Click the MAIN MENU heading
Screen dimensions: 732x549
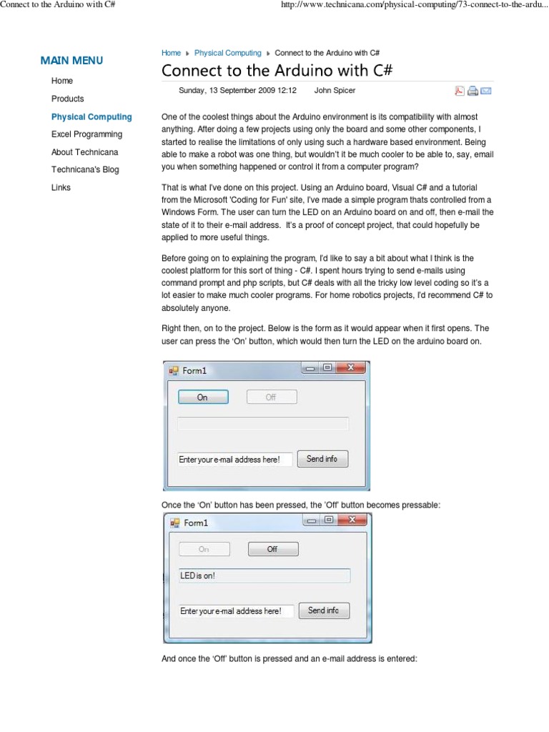point(71,61)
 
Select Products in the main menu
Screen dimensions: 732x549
point(67,99)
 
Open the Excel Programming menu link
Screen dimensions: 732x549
point(86,134)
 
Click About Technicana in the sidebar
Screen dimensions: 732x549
point(84,152)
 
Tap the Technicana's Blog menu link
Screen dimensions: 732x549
point(85,170)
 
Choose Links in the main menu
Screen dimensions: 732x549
point(61,188)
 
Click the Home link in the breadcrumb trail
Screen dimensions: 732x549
point(171,53)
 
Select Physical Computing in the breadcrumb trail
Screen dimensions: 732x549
point(227,53)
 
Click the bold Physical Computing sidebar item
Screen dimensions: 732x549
point(91,117)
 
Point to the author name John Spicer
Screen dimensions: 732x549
point(335,91)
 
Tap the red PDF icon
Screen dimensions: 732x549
point(460,91)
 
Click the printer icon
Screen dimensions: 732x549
point(473,91)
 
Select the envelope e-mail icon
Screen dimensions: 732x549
point(486,91)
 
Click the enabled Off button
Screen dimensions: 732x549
point(272,549)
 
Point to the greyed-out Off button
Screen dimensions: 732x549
point(271,397)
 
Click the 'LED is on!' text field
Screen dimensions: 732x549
point(264,575)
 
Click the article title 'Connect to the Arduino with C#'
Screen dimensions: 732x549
point(277,71)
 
